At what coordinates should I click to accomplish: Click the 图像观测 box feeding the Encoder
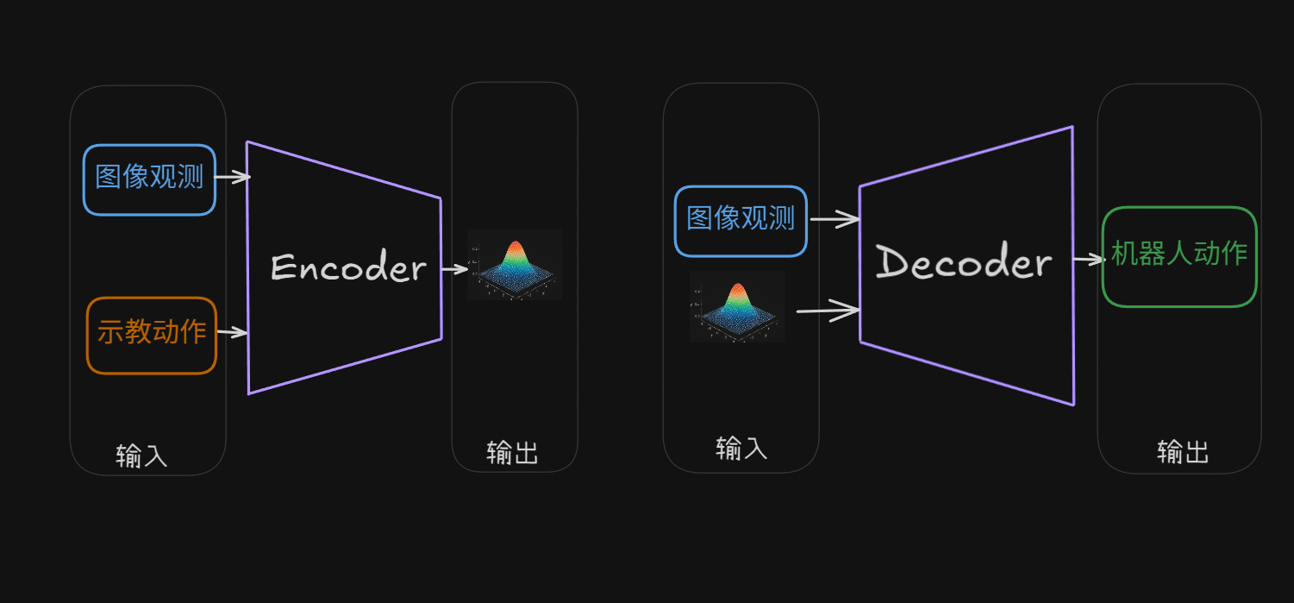149,179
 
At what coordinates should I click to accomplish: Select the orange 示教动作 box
151,335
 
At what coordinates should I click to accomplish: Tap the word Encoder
347,268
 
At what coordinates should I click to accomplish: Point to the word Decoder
964,262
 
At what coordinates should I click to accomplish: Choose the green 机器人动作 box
1179,256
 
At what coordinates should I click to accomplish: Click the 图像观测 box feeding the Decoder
741,221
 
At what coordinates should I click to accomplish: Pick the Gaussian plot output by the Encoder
515,265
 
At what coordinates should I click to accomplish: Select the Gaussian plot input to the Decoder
737,307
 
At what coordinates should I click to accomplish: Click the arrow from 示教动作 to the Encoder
232,332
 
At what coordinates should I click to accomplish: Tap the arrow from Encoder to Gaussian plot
454,269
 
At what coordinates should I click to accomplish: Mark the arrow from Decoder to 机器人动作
1088,259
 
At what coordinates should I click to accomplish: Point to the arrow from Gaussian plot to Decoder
828,310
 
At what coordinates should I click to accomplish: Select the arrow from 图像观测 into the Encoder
232,178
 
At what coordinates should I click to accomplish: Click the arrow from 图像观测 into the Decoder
835,219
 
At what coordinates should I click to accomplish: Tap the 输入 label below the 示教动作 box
141,455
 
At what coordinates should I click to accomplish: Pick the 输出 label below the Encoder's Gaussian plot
512,452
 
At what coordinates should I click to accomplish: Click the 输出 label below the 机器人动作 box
1183,451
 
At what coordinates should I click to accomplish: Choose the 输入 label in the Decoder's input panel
741,448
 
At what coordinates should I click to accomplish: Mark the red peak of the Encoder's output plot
515,248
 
